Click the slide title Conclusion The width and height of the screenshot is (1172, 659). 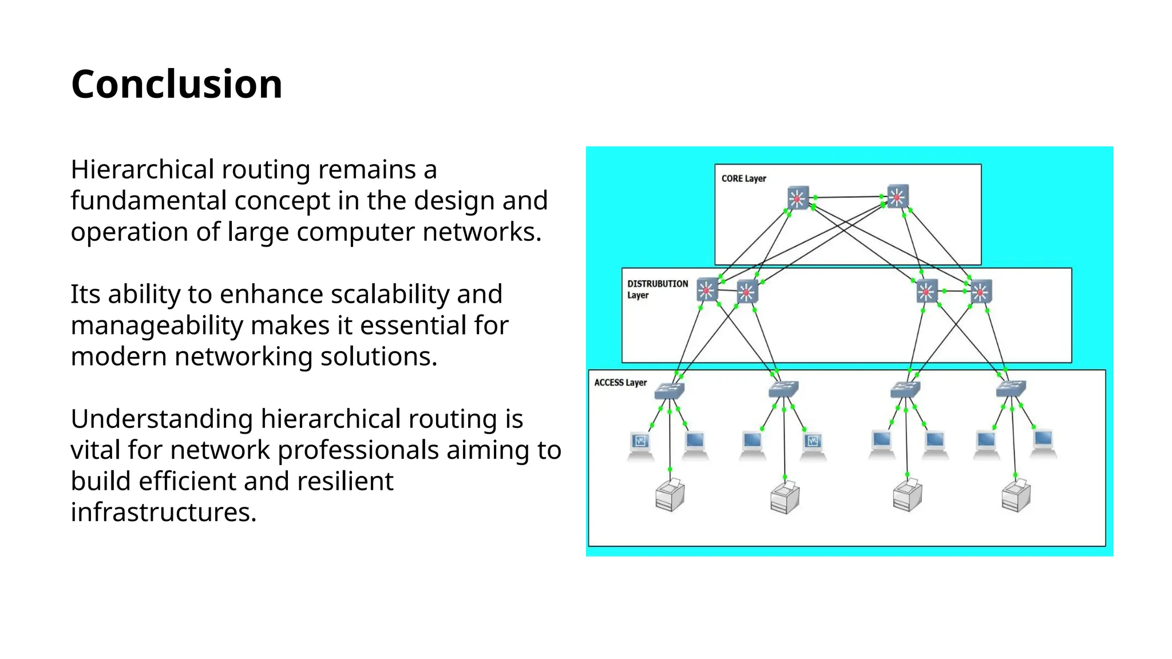(x=176, y=84)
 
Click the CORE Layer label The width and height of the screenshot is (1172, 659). (x=743, y=178)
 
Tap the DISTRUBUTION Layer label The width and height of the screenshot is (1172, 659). (x=657, y=289)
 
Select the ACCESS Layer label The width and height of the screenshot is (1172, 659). (x=620, y=383)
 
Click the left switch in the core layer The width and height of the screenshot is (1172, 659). (x=798, y=198)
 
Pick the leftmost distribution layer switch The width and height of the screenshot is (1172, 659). (x=707, y=290)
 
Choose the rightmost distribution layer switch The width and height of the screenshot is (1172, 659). (x=980, y=292)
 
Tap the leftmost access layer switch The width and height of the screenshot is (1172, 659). (x=669, y=391)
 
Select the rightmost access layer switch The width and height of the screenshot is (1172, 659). (x=1011, y=389)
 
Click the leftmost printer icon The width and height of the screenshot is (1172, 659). (x=670, y=495)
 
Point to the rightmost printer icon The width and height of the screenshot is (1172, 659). (x=1016, y=495)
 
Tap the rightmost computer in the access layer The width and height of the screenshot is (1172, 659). (x=1043, y=443)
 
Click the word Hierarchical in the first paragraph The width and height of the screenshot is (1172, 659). (x=142, y=170)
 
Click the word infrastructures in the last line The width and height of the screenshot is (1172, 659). (x=163, y=512)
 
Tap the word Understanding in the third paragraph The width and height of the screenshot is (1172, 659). (x=161, y=419)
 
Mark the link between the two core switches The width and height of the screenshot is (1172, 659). (x=848, y=197)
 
